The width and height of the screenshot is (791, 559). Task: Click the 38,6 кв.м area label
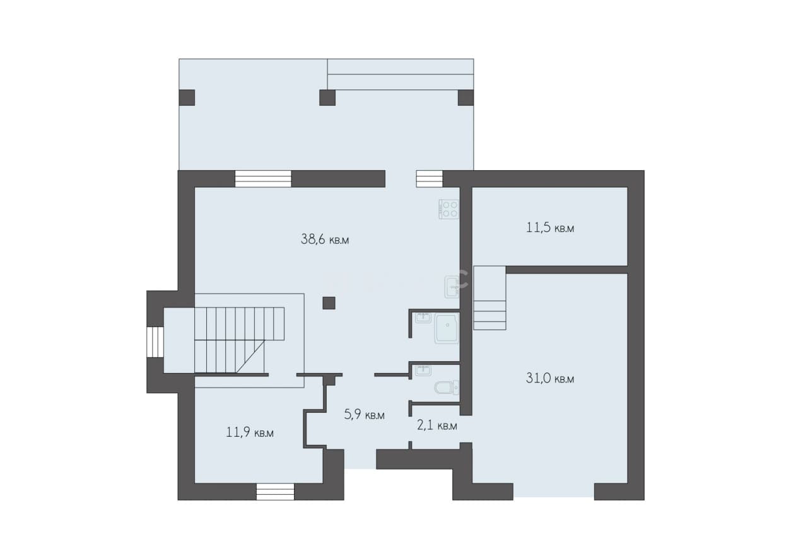[x=324, y=239]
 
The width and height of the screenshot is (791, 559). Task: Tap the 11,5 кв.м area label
[x=550, y=228]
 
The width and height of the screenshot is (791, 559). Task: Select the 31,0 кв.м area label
[x=550, y=378]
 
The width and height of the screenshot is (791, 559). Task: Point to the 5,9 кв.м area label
[x=364, y=415]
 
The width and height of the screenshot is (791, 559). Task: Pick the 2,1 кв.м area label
[x=437, y=425]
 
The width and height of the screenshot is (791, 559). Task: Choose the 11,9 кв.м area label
[x=250, y=432]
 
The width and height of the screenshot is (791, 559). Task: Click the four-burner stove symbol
[x=449, y=209]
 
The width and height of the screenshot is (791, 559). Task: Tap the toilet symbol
[x=447, y=388]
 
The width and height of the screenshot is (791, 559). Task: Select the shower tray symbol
[x=447, y=328]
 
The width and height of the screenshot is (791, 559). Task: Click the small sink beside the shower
[x=423, y=318]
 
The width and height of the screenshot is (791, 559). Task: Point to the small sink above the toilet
[x=423, y=371]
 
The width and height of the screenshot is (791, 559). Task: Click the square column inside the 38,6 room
[x=329, y=303]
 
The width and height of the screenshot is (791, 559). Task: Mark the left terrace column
[x=187, y=98]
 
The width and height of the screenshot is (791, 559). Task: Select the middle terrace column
[x=327, y=98]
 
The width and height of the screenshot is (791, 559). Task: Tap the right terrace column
[x=466, y=98]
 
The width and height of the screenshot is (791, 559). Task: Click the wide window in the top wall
[x=263, y=178]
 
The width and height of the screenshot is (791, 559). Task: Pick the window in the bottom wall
[x=275, y=492]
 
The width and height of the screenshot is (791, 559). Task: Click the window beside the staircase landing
[x=155, y=342]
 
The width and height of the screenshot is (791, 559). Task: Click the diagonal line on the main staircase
[x=250, y=357]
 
